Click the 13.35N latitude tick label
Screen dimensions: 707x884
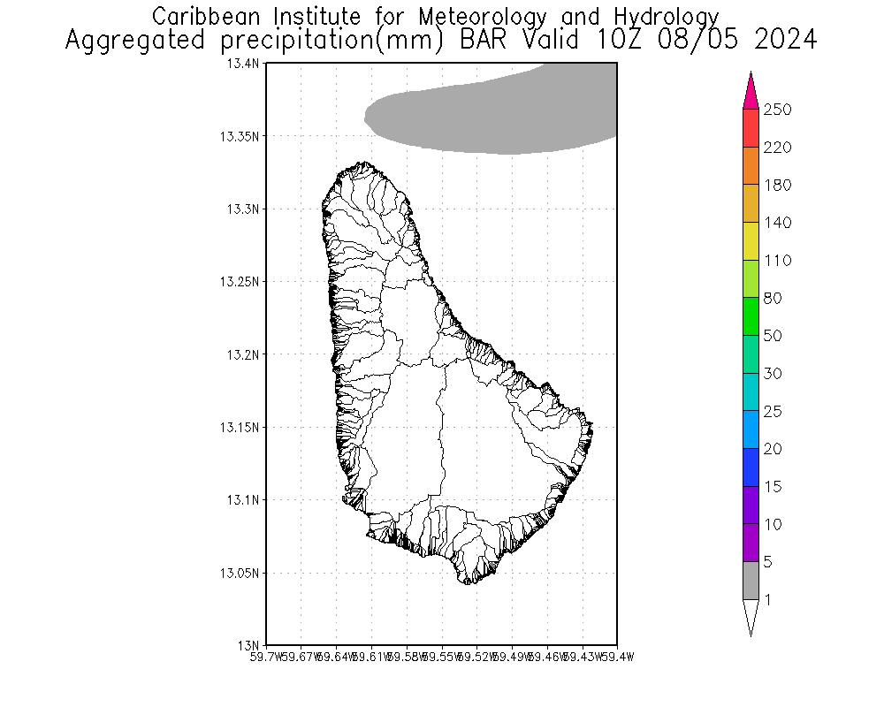[240, 136]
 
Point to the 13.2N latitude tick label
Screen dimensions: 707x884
[243, 354]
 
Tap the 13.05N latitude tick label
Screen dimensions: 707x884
[240, 573]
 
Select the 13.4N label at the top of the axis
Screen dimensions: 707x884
[243, 64]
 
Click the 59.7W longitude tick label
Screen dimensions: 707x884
[266, 657]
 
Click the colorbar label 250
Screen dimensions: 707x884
[777, 110]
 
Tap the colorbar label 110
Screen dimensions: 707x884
[777, 261]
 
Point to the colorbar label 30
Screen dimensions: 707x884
[773, 374]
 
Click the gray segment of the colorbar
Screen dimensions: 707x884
[751, 581]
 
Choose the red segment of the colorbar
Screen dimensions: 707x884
[751, 128]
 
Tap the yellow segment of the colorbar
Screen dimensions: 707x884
[751, 241]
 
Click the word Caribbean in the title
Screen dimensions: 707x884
[205, 17]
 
